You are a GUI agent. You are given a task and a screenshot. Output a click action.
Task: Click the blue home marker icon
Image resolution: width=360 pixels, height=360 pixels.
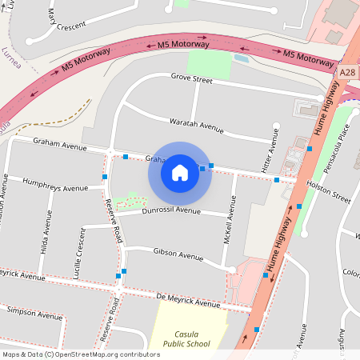point(180,172)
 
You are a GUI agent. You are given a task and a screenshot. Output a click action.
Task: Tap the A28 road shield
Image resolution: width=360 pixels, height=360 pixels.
point(347,72)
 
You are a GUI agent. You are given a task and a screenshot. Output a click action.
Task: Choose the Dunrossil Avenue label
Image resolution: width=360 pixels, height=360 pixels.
point(171,210)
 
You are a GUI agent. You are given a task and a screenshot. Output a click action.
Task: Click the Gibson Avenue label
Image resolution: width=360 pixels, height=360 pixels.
point(178,256)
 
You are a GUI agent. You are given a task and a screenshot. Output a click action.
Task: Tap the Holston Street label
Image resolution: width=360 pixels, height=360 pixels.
point(329,192)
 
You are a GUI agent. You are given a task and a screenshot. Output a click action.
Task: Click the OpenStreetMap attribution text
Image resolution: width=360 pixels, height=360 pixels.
point(81,354)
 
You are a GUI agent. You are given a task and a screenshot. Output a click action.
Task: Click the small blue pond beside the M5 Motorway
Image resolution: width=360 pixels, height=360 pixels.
point(241,58)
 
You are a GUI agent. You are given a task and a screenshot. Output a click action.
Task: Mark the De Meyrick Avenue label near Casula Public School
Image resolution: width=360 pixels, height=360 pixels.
point(187,302)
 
